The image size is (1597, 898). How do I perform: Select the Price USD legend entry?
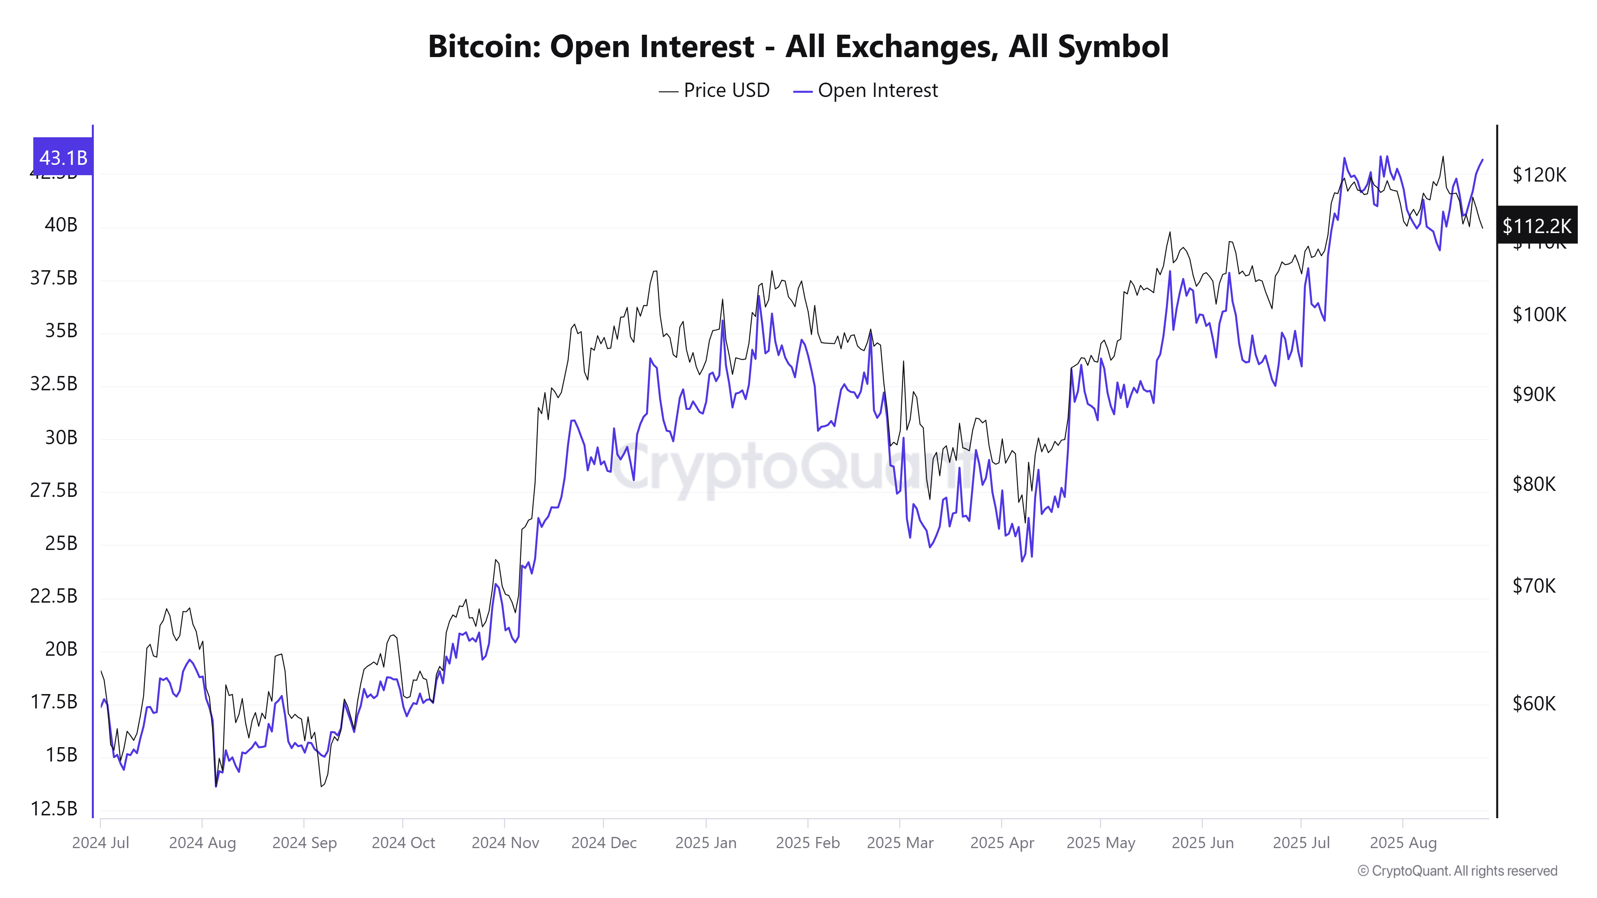pyautogui.click(x=714, y=91)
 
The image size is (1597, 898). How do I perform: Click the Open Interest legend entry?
pyautogui.click(x=866, y=91)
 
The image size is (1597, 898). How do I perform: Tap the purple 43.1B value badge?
pyautogui.click(x=63, y=157)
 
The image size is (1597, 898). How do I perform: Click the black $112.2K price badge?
pyautogui.click(x=1536, y=225)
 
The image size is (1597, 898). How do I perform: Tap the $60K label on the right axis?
pyautogui.click(x=1534, y=703)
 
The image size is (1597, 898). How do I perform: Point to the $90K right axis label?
pyautogui.click(x=1534, y=394)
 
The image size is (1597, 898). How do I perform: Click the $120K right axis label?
pyautogui.click(x=1539, y=175)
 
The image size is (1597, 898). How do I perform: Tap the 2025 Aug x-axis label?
pyautogui.click(x=1403, y=843)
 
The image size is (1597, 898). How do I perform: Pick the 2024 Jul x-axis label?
pyautogui.click(x=101, y=843)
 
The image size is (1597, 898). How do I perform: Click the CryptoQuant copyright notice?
pyautogui.click(x=1457, y=871)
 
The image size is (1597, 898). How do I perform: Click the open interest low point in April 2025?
pyautogui.click(x=1022, y=561)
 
